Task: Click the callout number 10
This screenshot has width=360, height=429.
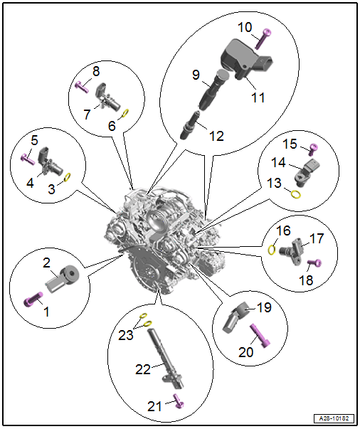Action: point(245,27)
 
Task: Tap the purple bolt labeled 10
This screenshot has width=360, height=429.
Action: point(264,39)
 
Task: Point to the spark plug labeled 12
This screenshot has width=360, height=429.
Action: point(191,125)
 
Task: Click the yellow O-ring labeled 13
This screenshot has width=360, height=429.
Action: point(295,194)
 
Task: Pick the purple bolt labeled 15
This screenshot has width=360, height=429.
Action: point(313,149)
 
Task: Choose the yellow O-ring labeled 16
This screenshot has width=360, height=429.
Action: point(271,250)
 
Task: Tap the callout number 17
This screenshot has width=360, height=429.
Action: point(316,238)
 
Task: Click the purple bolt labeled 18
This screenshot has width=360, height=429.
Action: point(314,263)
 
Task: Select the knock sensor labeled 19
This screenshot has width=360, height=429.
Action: point(235,318)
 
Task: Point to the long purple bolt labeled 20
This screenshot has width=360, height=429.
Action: point(260,336)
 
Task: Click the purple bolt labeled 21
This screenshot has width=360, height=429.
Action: point(179,401)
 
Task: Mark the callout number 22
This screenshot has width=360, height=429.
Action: point(143,369)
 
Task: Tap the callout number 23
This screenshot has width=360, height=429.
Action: point(125,335)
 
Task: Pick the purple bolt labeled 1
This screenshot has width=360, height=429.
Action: point(33,299)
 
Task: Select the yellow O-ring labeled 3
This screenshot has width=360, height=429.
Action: point(68,177)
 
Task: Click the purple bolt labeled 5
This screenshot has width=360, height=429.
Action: point(28,159)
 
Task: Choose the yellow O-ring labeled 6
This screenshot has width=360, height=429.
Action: point(125,113)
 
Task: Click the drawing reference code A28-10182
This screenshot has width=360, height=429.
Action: point(334,418)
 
